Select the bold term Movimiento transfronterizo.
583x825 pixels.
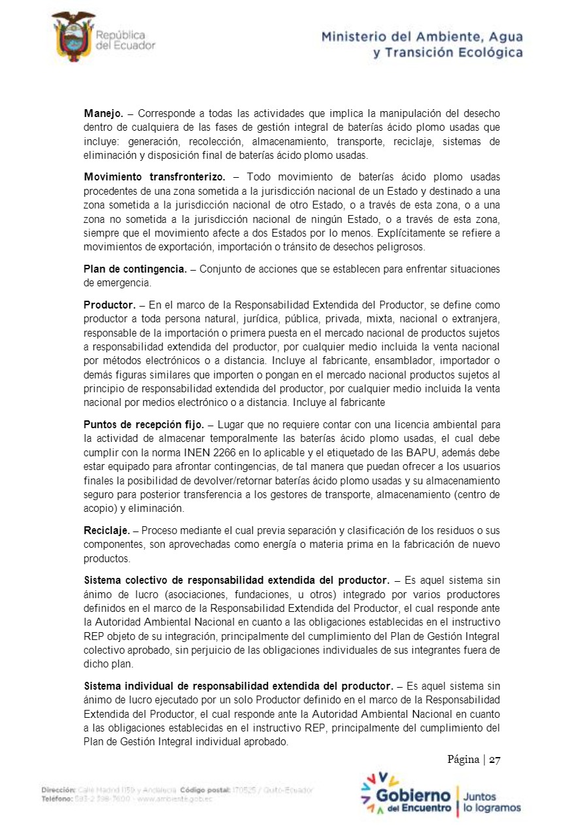tap(154, 177)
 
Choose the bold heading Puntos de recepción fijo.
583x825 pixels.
tap(144, 424)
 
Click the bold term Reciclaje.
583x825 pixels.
tap(107, 530)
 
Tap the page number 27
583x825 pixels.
tap(494, 759)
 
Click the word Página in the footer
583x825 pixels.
tap(463, 759)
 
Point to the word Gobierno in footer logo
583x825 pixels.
tap(414, 796)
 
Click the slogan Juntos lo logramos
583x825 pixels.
tap(491, 802)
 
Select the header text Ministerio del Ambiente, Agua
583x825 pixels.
tap(422, 38)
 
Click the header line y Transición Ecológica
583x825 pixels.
tap(448, 53)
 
